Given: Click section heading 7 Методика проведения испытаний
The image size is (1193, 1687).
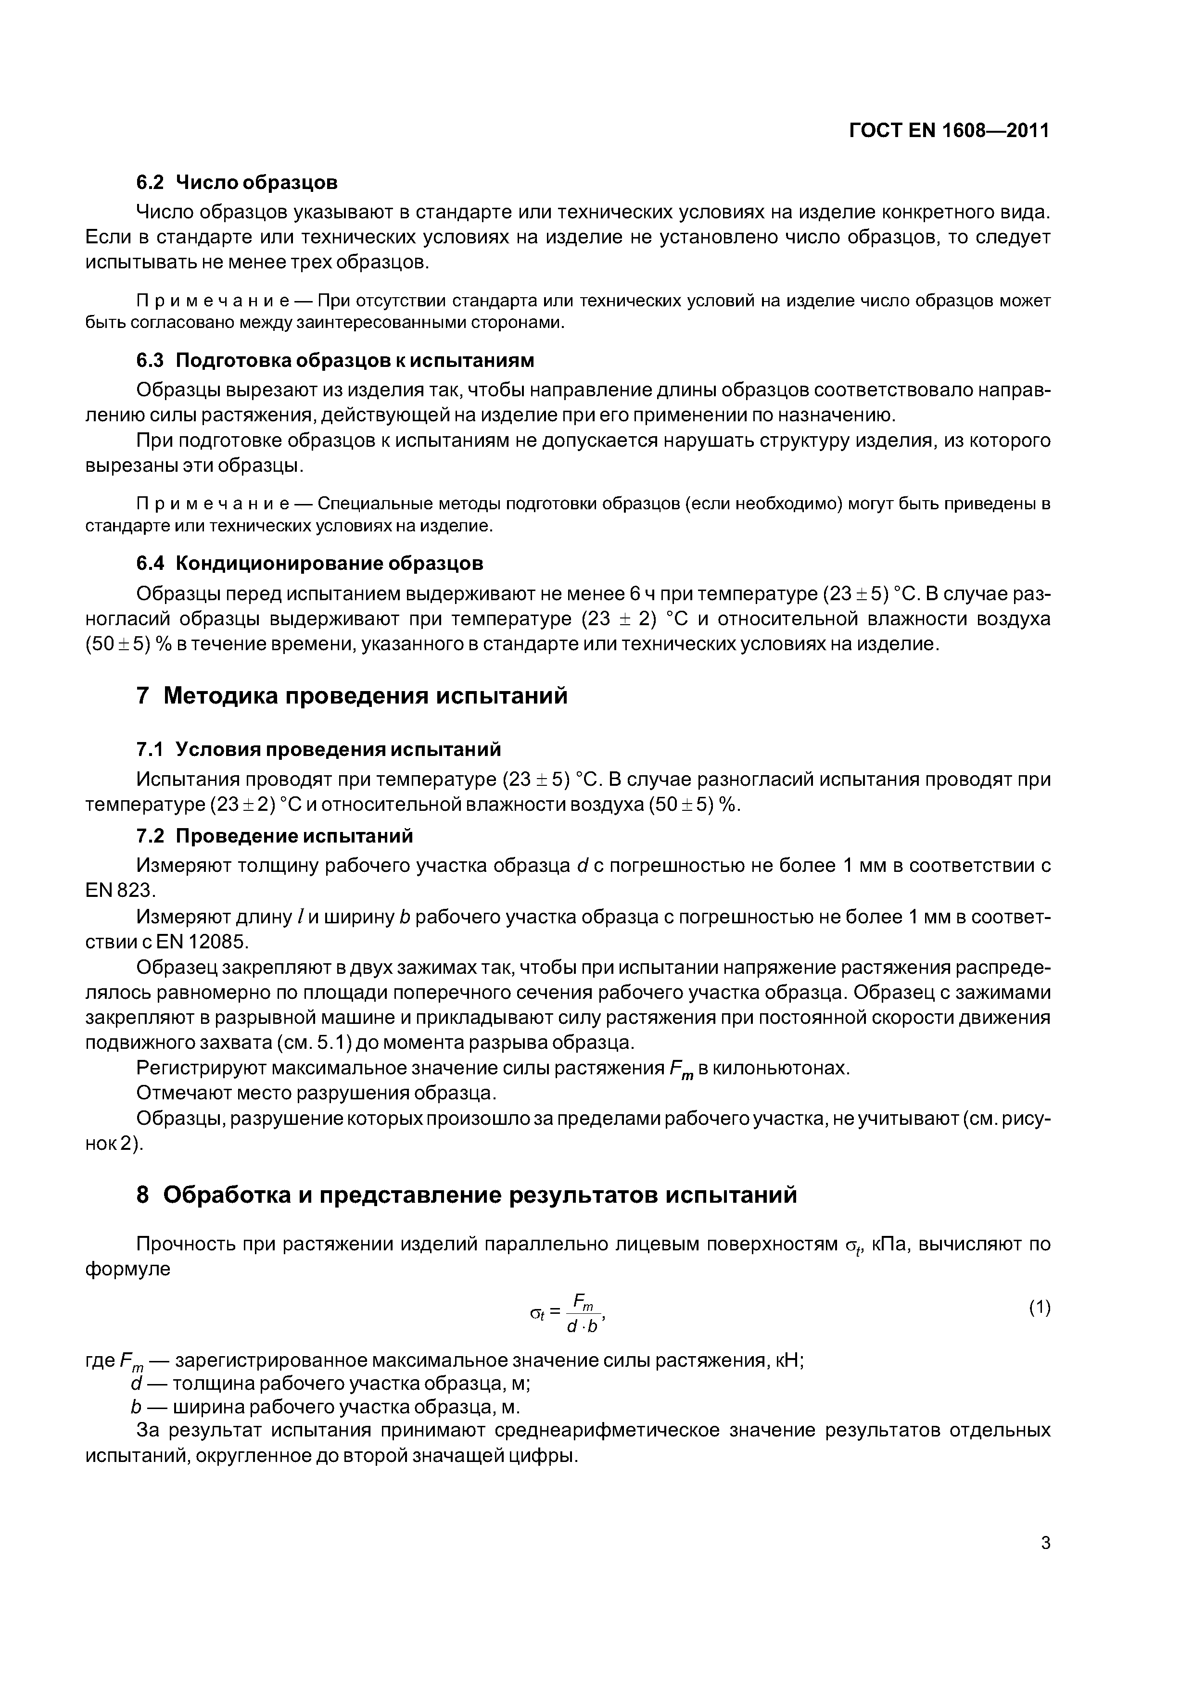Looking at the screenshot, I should coord(352,694).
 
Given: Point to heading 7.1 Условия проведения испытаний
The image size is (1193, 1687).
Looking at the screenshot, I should coord(318,749).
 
